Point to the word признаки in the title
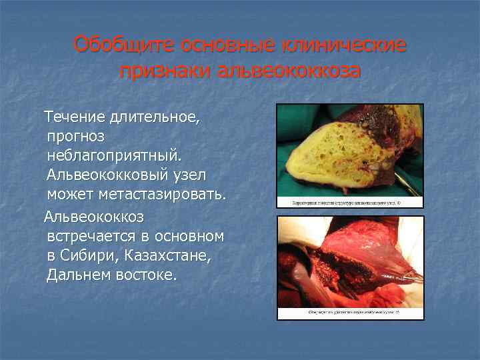tap(165, 71)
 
